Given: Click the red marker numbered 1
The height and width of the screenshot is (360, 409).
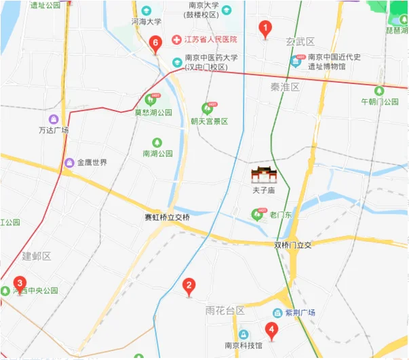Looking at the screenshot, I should tap(266, 29).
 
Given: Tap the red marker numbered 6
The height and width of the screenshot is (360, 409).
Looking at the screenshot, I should tap(156, 45).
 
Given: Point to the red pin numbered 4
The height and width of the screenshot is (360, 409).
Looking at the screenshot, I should tap(271, 332).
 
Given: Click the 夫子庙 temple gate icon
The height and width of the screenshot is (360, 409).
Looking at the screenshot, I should tap(262, 175).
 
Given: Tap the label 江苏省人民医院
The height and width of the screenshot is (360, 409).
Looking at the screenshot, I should tap(206, 40).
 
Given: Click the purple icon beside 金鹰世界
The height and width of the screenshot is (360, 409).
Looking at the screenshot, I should tap(69, 163).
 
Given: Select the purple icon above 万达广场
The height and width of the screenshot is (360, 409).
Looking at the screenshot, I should tap(54, 119).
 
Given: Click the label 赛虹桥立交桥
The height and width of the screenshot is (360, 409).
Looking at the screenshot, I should tap(168, 218).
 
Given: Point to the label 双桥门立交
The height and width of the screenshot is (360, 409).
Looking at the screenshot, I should tap(292, 245).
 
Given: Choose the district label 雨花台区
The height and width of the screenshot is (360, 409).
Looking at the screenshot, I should tap(225, 310).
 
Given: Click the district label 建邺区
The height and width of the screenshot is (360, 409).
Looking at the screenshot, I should tap(37, 256).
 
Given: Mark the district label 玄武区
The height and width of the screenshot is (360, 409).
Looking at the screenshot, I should tap(300, 42).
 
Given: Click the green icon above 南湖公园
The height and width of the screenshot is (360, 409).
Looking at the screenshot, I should tap(157, 142).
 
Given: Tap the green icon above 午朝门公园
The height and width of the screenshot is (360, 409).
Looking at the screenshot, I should tap(379, 90).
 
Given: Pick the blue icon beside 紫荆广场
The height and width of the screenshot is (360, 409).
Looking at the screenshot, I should tap(277, 313).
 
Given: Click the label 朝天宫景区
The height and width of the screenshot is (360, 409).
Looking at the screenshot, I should tap(209, 121).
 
